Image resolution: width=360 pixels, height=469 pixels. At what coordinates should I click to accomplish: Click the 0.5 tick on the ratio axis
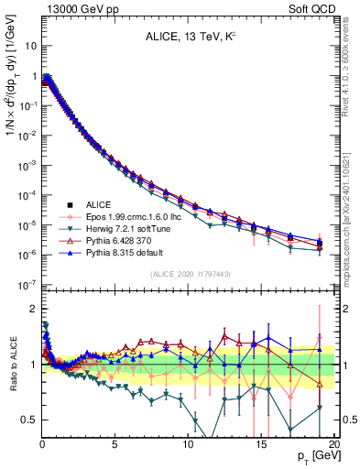[28, 420]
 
